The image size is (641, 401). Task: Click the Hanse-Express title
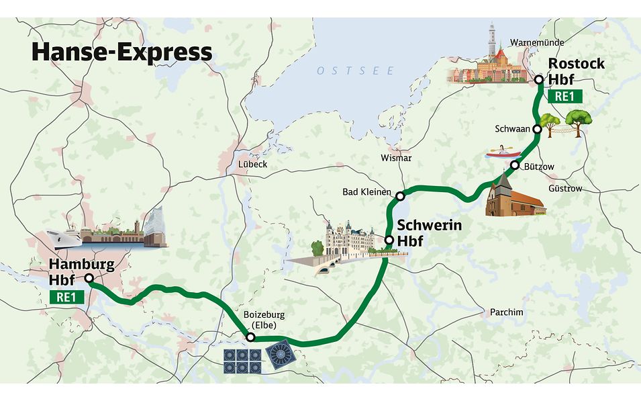click(x=121, y=53)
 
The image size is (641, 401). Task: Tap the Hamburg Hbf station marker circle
click(x=89, y=278)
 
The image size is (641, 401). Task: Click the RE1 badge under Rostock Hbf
click(x=564, y=95)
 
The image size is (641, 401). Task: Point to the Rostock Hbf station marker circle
click(x=539, y=80)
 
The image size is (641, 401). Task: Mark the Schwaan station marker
click(x=538, y=128)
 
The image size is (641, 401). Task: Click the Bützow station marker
click(x=515, y=165)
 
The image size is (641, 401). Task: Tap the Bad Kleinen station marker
click(x=400, y=196)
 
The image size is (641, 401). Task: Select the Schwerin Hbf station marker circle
click(x=389, y=240)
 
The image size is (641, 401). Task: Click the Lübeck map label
click(x=252, y=164)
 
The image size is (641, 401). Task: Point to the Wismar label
click(x=395, y=158)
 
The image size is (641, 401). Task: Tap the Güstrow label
click(x=565, y=189)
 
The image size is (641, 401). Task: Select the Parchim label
click(x=506, y=312)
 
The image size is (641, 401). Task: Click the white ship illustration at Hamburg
click(x=64, y=238)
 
